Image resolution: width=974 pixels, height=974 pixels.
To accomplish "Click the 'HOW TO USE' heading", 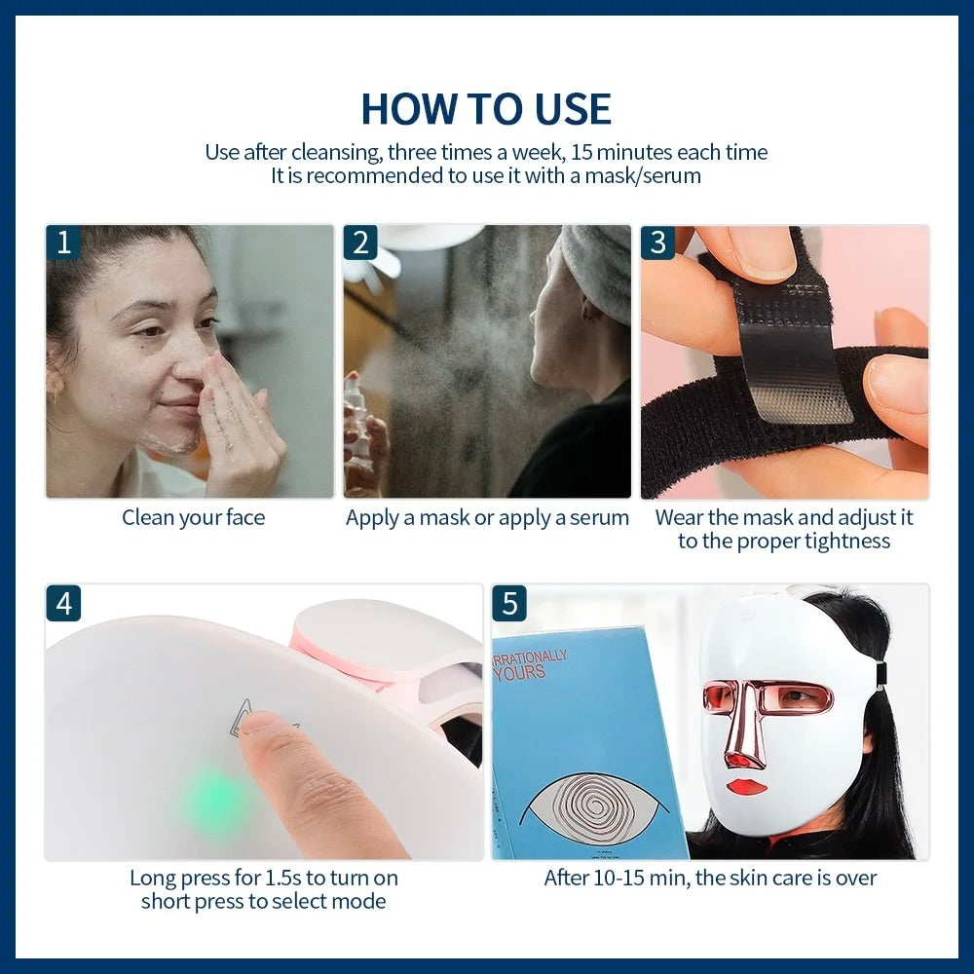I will (x=486, y=108).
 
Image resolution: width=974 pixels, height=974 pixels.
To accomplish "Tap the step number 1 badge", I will (x=64, y=243).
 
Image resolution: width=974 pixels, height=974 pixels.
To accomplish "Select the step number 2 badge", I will (x=360, y=243).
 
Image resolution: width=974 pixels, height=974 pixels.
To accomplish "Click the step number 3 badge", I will (x=657, y=243).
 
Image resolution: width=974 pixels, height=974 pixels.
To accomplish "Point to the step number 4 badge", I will (x=64, y=603).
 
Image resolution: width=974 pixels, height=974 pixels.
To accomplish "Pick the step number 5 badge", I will (x=509, y=603).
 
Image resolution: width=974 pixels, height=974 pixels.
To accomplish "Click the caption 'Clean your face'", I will (x=193, y=517).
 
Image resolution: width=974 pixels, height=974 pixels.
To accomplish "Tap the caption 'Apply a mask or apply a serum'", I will (x=487, y=517).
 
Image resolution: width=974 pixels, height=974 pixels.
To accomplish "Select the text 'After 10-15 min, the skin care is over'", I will (x=710, y=878).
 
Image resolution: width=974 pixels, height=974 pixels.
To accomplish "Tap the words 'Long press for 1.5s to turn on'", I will (x=263, y=878).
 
